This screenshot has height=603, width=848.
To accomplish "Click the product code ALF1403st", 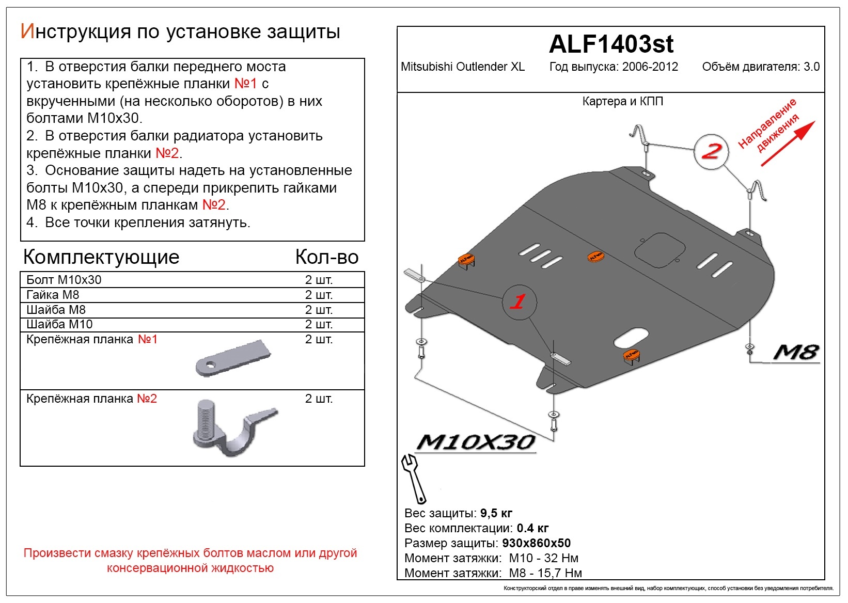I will click(611, 44).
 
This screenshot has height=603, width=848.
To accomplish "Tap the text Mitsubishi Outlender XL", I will click(462, 67).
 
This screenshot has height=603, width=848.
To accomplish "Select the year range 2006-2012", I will click(650, 67).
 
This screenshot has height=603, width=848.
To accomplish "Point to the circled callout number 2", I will click(711, 151).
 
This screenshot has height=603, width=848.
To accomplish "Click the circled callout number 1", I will click(519, 302).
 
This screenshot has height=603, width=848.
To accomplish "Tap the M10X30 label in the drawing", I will click(475, 442).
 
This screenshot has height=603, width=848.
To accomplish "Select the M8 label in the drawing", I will click(796, 353).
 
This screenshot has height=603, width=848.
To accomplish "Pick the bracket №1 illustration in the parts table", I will click(233, 358).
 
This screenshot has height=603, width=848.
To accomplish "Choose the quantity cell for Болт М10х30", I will click(319, 280).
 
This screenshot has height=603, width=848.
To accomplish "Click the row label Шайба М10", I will click(59, 324).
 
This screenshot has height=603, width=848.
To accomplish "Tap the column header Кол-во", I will click(326, 257).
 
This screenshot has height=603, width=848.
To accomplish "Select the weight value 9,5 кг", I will click(496, 513).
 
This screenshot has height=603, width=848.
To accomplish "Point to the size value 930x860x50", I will click(536, 543).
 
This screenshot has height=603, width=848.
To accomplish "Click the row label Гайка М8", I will click(53, 295).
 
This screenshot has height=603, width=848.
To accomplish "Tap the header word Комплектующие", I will click(101, 257).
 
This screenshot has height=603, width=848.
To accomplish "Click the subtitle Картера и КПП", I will click(622, 101).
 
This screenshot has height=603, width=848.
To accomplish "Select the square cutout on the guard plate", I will click(659, 250).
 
